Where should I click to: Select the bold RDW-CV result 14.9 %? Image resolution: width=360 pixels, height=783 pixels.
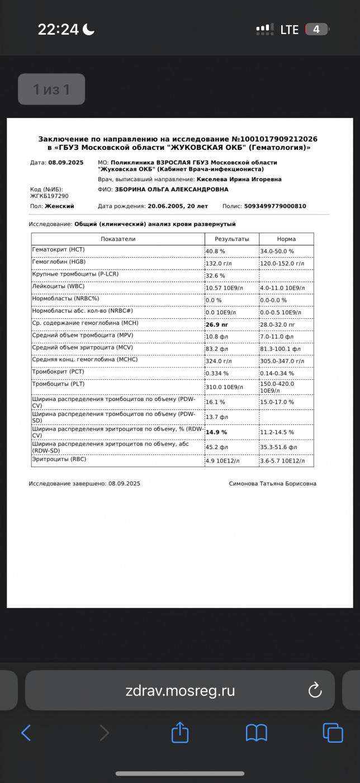point(216,432)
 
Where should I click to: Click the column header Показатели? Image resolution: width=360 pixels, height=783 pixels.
point(118,239)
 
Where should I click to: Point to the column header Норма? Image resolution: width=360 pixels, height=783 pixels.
point(286,239)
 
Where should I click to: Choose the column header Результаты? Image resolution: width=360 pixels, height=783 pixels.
point(231,239)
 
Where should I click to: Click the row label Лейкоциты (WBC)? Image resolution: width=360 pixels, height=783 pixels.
point(59,287)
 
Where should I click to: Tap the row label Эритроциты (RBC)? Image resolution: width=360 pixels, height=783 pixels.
point(59,460)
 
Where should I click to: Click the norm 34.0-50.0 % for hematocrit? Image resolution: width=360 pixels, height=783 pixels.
point(277,251)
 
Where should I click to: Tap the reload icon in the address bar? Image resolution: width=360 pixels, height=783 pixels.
point(315,690)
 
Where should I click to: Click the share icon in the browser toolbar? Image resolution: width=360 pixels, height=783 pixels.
point(179,732)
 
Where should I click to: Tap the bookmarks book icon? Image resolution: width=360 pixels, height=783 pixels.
point(257,732)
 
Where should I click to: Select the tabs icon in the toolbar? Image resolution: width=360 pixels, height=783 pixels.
point(333,732)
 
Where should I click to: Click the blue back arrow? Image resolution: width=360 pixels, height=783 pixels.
point(26,732)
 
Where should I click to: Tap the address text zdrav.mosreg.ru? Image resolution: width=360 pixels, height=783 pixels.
point(180,691)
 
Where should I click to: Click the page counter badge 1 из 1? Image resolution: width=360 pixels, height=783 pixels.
point(51,89)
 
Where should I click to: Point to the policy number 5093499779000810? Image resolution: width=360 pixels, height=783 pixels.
point(275,206)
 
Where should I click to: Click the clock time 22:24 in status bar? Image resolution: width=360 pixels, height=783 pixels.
point(58,29)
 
